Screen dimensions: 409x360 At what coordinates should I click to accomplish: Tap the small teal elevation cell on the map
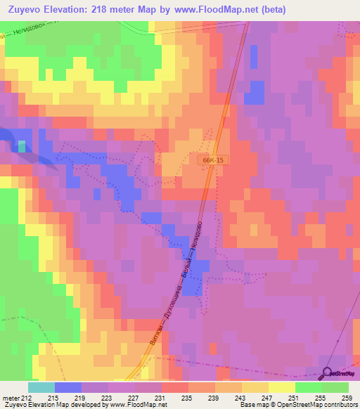[x=22, y=146]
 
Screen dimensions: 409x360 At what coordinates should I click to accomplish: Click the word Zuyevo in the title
[x=27, y=10]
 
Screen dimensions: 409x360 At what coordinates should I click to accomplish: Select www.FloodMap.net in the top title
[x=211, y=10]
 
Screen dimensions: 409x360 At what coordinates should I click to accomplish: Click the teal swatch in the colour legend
[x=41, y=387]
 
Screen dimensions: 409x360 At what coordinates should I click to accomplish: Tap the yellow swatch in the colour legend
[x=281, y=387]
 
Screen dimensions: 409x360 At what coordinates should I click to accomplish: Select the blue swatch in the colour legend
[x=68, y=387]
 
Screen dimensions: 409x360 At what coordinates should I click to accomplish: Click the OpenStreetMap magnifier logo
[x=326, y=373]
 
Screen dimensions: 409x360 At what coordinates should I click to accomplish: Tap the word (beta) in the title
[x=270, y=10]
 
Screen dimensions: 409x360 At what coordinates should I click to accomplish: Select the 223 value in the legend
[x=105, y=398]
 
